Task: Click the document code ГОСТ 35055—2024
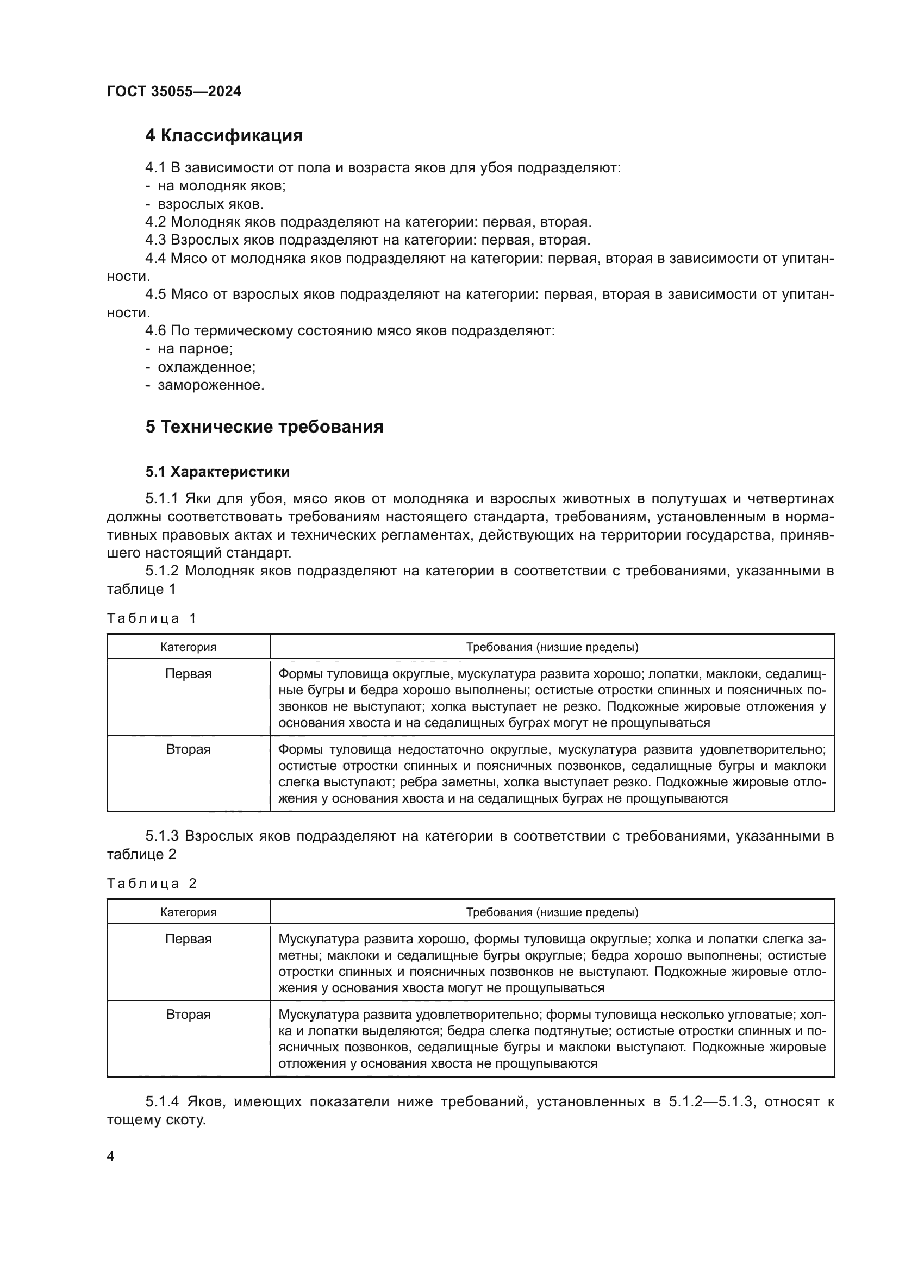click(174, 92)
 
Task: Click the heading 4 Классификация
click(223, 136)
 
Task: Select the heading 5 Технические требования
click(264, 427)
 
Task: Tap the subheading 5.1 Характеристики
click(217, 472)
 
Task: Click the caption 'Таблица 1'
click(152, 618)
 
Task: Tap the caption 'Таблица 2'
click(152, 884)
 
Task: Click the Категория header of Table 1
click(188, 647)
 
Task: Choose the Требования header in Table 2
click(552, 912)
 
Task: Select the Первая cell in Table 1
click(188, 674)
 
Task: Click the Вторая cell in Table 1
click(188, 749)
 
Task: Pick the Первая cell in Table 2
click(188, 940)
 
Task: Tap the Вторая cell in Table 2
click(188, 1015)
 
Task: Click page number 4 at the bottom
click(110, 1156)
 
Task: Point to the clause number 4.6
click(155, 331)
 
